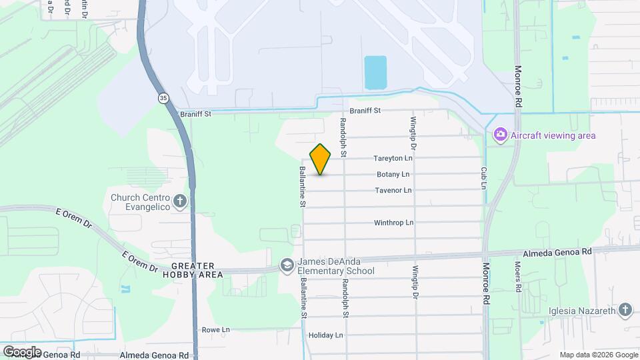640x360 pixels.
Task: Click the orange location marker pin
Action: pyautogui.click(x=321, y=159)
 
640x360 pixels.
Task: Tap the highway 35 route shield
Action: pyautogui.click(x=163, y=98)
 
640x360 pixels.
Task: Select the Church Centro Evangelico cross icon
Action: pyautogui.click(x=179, y=201)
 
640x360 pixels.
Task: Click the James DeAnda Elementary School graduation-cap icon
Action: pyautogui.click(x=287, y=265)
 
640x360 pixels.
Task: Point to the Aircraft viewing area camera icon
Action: pyautogui.click(x=500, y=135)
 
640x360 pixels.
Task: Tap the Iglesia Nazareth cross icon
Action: pyautogui.click(x=625, y=309)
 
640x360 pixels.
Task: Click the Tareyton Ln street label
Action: pyautogui.click(x=393, y=159)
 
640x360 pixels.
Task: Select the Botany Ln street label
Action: pyautogui.click(x=393, y=175)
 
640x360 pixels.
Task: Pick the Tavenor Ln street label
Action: pyautogui.click(x=393, y=191)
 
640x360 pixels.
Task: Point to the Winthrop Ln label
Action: pyautogui.click(x=393, y=223)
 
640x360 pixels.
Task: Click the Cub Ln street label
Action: pyautogui.click(x=485, y=177)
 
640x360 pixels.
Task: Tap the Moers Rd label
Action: pyautogui.click(x=517, y=272)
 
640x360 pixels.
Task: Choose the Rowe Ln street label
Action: pyautogui.click(x=216, y=330)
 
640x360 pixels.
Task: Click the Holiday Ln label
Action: pyautogui.click(x=325, y=335)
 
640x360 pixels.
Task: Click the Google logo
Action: pyautogui.click(x=22, y=351)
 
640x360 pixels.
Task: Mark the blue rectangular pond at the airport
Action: pyautogui.click(x=375, y=73)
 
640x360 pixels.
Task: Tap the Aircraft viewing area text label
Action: pyautogui.click(x=553, y=135)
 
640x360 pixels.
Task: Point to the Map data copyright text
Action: pyautogui.click(x=598, y=355)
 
